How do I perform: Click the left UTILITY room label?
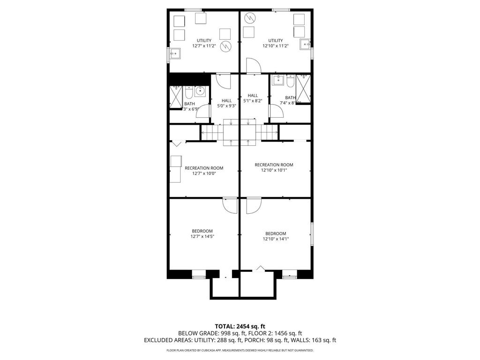coord(204,40)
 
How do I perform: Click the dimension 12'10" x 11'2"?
coord(275,46)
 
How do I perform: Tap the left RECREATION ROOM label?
coord(204,168)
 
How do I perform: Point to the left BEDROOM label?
coord(202,231)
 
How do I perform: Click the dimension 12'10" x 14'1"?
coord(276,239)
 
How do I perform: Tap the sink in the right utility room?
coord(305,45)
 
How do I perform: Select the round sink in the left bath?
coord(200,91)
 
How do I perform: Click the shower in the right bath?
coord(303,90)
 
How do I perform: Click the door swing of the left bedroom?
coord(231,206)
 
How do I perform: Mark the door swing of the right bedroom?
coord(254,206)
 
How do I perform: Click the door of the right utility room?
coord(253,65)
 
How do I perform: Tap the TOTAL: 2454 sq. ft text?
coord(240,326)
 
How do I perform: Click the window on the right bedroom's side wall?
coord(312,233)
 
